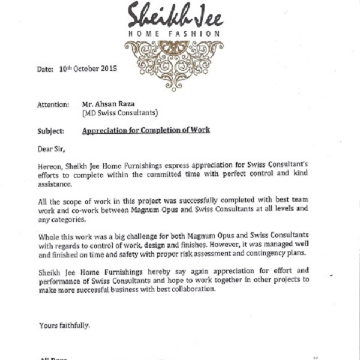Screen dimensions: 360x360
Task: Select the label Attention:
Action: (x=53, y=104)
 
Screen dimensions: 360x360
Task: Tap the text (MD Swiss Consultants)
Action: (x=119, y=112)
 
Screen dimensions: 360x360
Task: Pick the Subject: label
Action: (x=52, y=130)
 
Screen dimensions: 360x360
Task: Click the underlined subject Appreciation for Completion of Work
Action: (x=146, y=130)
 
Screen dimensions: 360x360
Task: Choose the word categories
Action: (x=69, y=220)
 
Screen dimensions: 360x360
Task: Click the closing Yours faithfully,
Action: (x=65, y=325)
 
